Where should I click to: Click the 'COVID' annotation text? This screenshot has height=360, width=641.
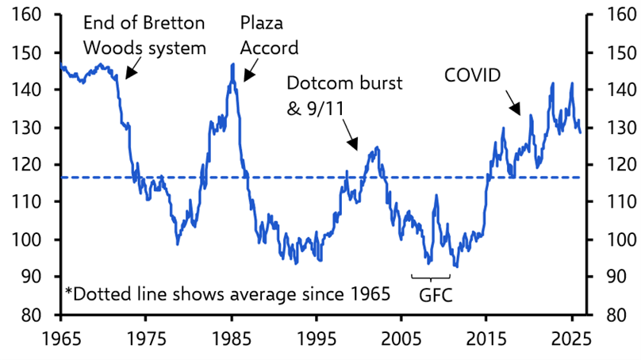473,75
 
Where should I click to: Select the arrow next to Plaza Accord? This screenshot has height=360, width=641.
251,73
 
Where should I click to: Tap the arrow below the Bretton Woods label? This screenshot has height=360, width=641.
132,68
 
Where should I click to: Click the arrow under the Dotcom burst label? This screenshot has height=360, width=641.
351,142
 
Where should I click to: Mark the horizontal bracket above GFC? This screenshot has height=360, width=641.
431,276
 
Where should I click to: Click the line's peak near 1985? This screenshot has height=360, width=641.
232,63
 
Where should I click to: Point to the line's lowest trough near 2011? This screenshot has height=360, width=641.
455,266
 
